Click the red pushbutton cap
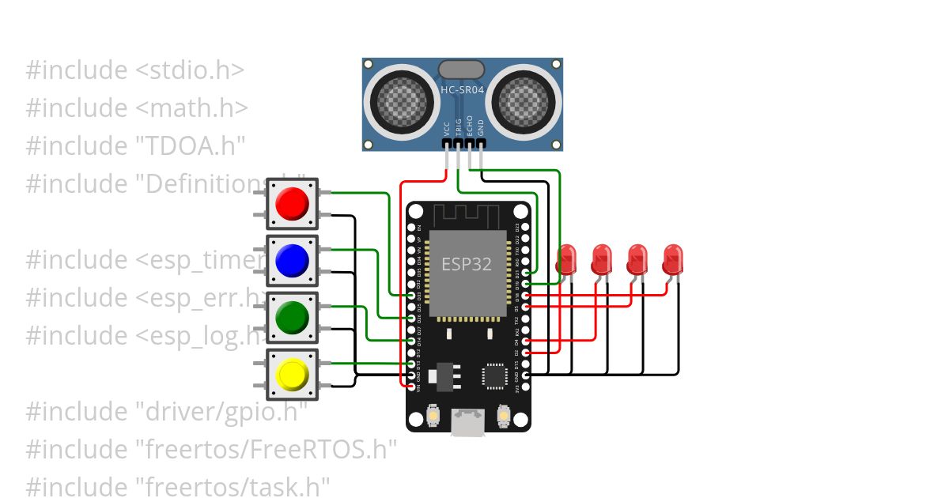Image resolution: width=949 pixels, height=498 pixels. click(x=292, y=204)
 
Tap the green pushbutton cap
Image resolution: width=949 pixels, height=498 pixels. click(x=292, y=318)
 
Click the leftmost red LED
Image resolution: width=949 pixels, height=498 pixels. click(x=567, y=259)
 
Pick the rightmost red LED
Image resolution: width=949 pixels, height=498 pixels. click(x=673, y=259)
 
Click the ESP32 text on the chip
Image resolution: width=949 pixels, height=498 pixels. click(x=466, y=264)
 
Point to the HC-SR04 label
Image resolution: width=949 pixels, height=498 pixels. click(x=462, y=90)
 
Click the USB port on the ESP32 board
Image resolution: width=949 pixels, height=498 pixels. click(x=468, y=422)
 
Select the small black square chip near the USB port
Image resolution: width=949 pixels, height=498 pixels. click(x=497, y=375)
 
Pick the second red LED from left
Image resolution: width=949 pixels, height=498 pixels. click(x=602, y=259)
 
